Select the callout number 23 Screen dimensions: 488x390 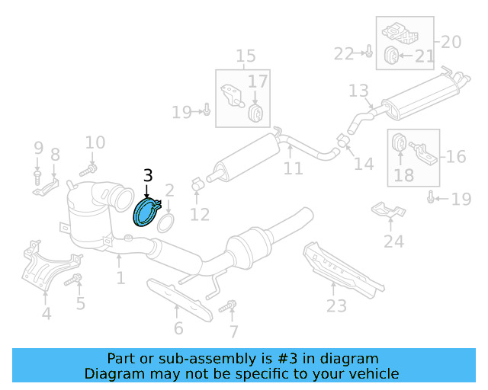(x=335, y=305)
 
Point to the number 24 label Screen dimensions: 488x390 (x=393, y=242)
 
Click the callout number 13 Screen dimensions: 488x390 (x=358, y=91)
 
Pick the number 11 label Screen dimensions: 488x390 (x=294, y=168)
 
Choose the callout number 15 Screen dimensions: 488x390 (x=246, y=56)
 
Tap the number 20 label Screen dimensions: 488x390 (x=451, y=41)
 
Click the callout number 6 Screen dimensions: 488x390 (x=178, y=328)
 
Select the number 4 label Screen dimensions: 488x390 (x=47, y=313)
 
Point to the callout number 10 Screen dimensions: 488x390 (x=95, y=142)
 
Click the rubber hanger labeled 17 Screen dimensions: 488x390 (x=256, y=112)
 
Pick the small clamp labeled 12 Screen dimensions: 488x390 (x=196, y=184)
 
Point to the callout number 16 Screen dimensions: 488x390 (x=455, y=157)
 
